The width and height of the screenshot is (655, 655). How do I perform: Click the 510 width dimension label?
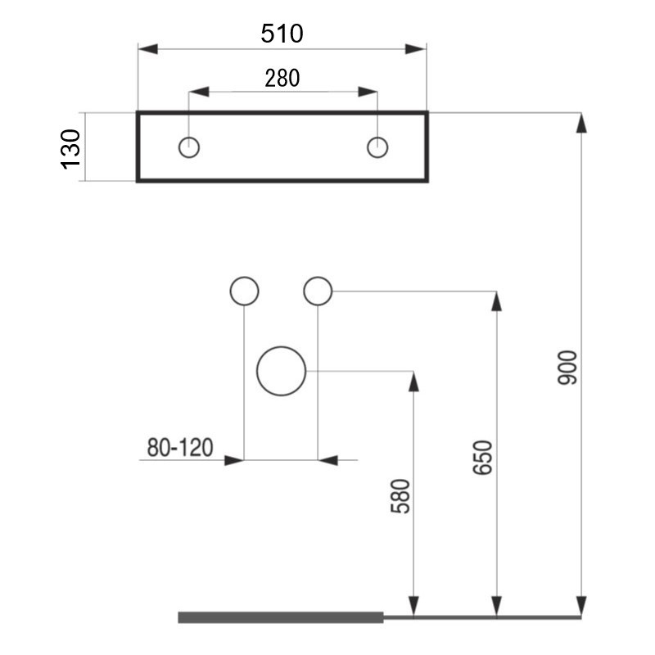282,34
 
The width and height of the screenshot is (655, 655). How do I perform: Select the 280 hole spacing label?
282,78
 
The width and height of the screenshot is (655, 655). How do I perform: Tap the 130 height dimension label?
70,149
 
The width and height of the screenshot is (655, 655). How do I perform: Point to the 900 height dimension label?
567,368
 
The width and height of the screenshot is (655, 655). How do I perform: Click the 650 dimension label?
482,458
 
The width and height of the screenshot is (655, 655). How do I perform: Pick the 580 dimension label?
400,496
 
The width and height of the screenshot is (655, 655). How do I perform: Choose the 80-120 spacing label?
180,447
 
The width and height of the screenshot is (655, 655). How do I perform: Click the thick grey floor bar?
281,617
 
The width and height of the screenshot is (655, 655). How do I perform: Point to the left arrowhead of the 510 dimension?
148,49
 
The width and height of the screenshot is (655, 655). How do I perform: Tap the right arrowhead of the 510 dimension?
416,49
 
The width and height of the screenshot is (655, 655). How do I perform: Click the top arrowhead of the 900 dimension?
581,123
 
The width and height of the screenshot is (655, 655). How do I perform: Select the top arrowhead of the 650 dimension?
496,301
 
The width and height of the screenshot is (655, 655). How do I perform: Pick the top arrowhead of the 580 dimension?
413,382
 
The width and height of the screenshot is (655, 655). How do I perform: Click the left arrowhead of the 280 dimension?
199,92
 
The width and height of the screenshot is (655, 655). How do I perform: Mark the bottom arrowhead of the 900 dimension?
581,607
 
